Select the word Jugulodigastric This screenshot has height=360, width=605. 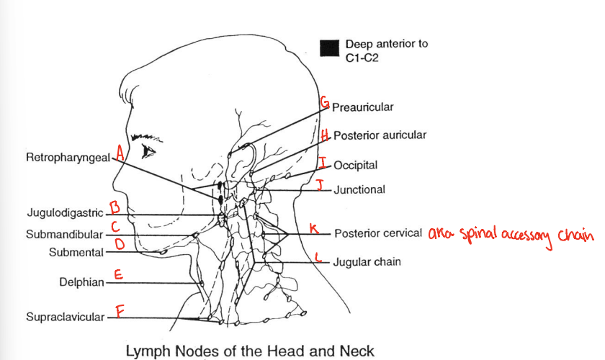[x=67, y=213]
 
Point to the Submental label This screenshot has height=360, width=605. [x=76, y=252]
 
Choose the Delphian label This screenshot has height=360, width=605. [x=81, y=282]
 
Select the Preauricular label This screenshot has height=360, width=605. [x=363, y=107]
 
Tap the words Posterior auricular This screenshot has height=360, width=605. [x=380, y=135]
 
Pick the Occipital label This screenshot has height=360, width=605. [x=356, y=165]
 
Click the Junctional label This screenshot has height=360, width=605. [x=359, y=190]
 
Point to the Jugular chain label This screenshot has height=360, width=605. [x=367, y=262]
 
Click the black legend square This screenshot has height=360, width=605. [x=329, y=48]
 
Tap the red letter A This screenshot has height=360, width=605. [x=120, y=155]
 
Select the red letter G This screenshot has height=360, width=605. [x=324, y=104]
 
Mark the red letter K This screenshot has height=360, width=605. [x=313, y=228]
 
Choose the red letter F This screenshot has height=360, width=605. [x=120, y=312]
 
